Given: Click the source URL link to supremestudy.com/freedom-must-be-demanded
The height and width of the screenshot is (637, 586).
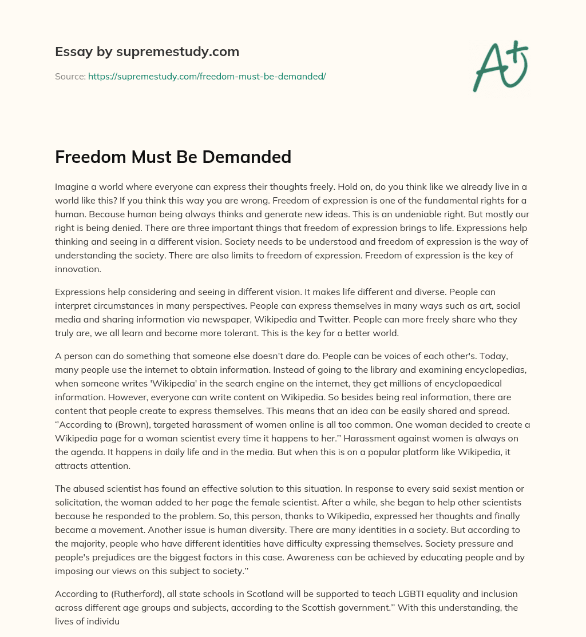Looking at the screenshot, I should click(x=207, y=76).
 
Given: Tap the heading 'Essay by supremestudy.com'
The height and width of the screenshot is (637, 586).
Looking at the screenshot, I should click(x=146, y=52).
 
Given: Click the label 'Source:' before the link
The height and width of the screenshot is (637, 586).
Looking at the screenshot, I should click(x=70, y=76).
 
